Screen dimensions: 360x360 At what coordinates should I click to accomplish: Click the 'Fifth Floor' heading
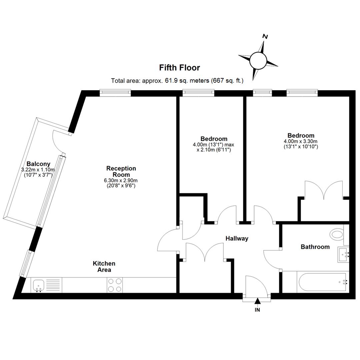[x=180, y=68]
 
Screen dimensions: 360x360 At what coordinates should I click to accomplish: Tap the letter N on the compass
[x=265, y=37]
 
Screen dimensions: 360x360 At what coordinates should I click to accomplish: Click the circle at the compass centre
[x=258, y=60]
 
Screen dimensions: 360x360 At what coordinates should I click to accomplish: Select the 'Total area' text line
[x=177, y=81]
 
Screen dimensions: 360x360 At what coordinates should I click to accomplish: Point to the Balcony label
[x=38, y=164]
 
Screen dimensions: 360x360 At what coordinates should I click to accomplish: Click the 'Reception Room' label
[x=121, y=172]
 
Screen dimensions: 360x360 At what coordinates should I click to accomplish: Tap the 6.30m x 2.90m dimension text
[x=121, y=180]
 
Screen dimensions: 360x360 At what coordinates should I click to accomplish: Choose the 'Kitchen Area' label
[x=104, y=267]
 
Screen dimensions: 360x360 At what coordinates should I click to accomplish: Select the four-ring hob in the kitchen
[x=115, y=285]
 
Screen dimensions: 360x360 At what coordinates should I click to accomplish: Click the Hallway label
[x=237, y=239]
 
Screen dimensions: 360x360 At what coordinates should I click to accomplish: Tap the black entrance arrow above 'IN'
[x=258, y=301]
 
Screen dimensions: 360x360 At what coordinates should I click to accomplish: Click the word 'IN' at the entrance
[x=257, y=310]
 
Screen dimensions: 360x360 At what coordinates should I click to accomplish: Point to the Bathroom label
[x=315, y=247]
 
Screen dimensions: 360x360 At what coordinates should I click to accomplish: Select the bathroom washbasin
[x=343, y=255]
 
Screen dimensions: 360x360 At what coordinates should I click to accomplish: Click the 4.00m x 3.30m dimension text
[x=301, y=141]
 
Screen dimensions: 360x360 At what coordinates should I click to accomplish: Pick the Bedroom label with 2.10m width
[x=214, y=139]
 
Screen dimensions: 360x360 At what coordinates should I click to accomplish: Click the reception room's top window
[x=115, y=93]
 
